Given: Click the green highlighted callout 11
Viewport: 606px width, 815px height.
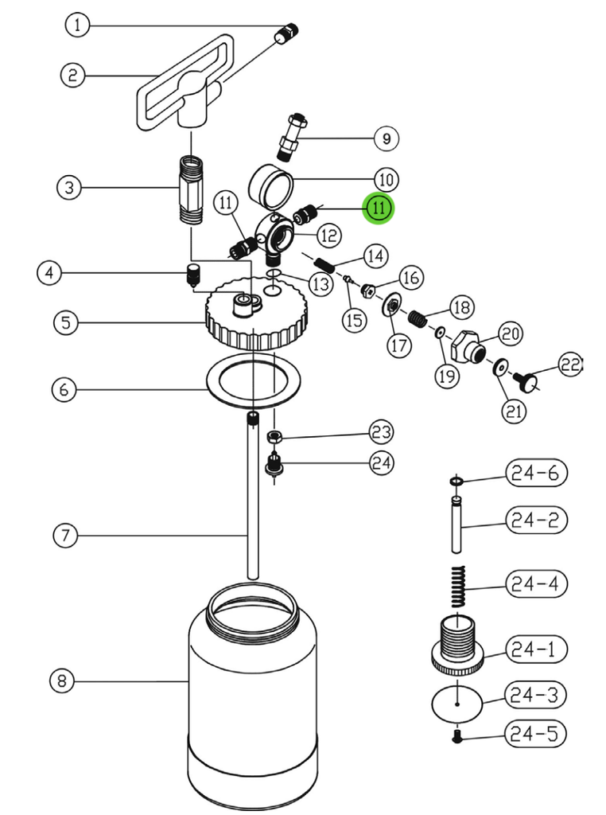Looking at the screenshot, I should tap(379, 209).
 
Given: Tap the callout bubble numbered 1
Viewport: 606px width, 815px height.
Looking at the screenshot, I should tap(77, 25).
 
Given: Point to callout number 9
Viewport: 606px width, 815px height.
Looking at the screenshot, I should tap(386, 138).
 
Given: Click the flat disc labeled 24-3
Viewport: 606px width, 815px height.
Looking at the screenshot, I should tap(459, 704).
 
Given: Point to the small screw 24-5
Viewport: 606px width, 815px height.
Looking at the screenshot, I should tap(458, 737).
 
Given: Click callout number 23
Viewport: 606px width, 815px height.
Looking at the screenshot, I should tap(381, 431).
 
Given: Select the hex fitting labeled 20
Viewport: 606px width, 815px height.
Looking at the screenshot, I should tap(470, 345).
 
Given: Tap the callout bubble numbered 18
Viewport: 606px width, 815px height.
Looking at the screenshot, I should tap(461, 306).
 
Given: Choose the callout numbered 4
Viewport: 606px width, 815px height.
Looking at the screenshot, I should tap(50, 273).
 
